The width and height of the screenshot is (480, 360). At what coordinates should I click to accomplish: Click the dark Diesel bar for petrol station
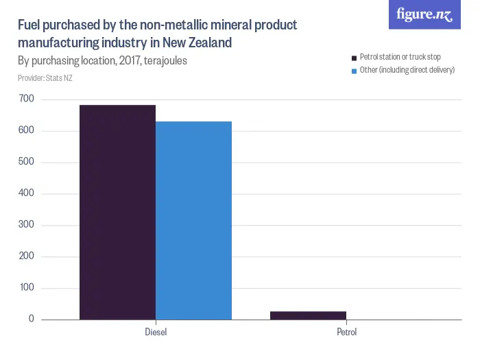117,213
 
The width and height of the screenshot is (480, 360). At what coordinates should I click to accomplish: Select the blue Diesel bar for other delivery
193,220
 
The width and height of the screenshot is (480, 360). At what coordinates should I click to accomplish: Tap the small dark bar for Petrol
308,315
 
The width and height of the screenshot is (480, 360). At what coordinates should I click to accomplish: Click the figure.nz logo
424,14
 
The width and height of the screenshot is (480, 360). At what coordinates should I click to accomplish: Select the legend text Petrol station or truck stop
400,57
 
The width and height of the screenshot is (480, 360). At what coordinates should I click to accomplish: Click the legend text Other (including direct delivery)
407,70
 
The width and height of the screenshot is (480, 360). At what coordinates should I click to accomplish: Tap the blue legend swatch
354,71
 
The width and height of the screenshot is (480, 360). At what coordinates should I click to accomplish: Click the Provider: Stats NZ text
45,77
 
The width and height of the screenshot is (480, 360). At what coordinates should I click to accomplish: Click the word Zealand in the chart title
207,43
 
